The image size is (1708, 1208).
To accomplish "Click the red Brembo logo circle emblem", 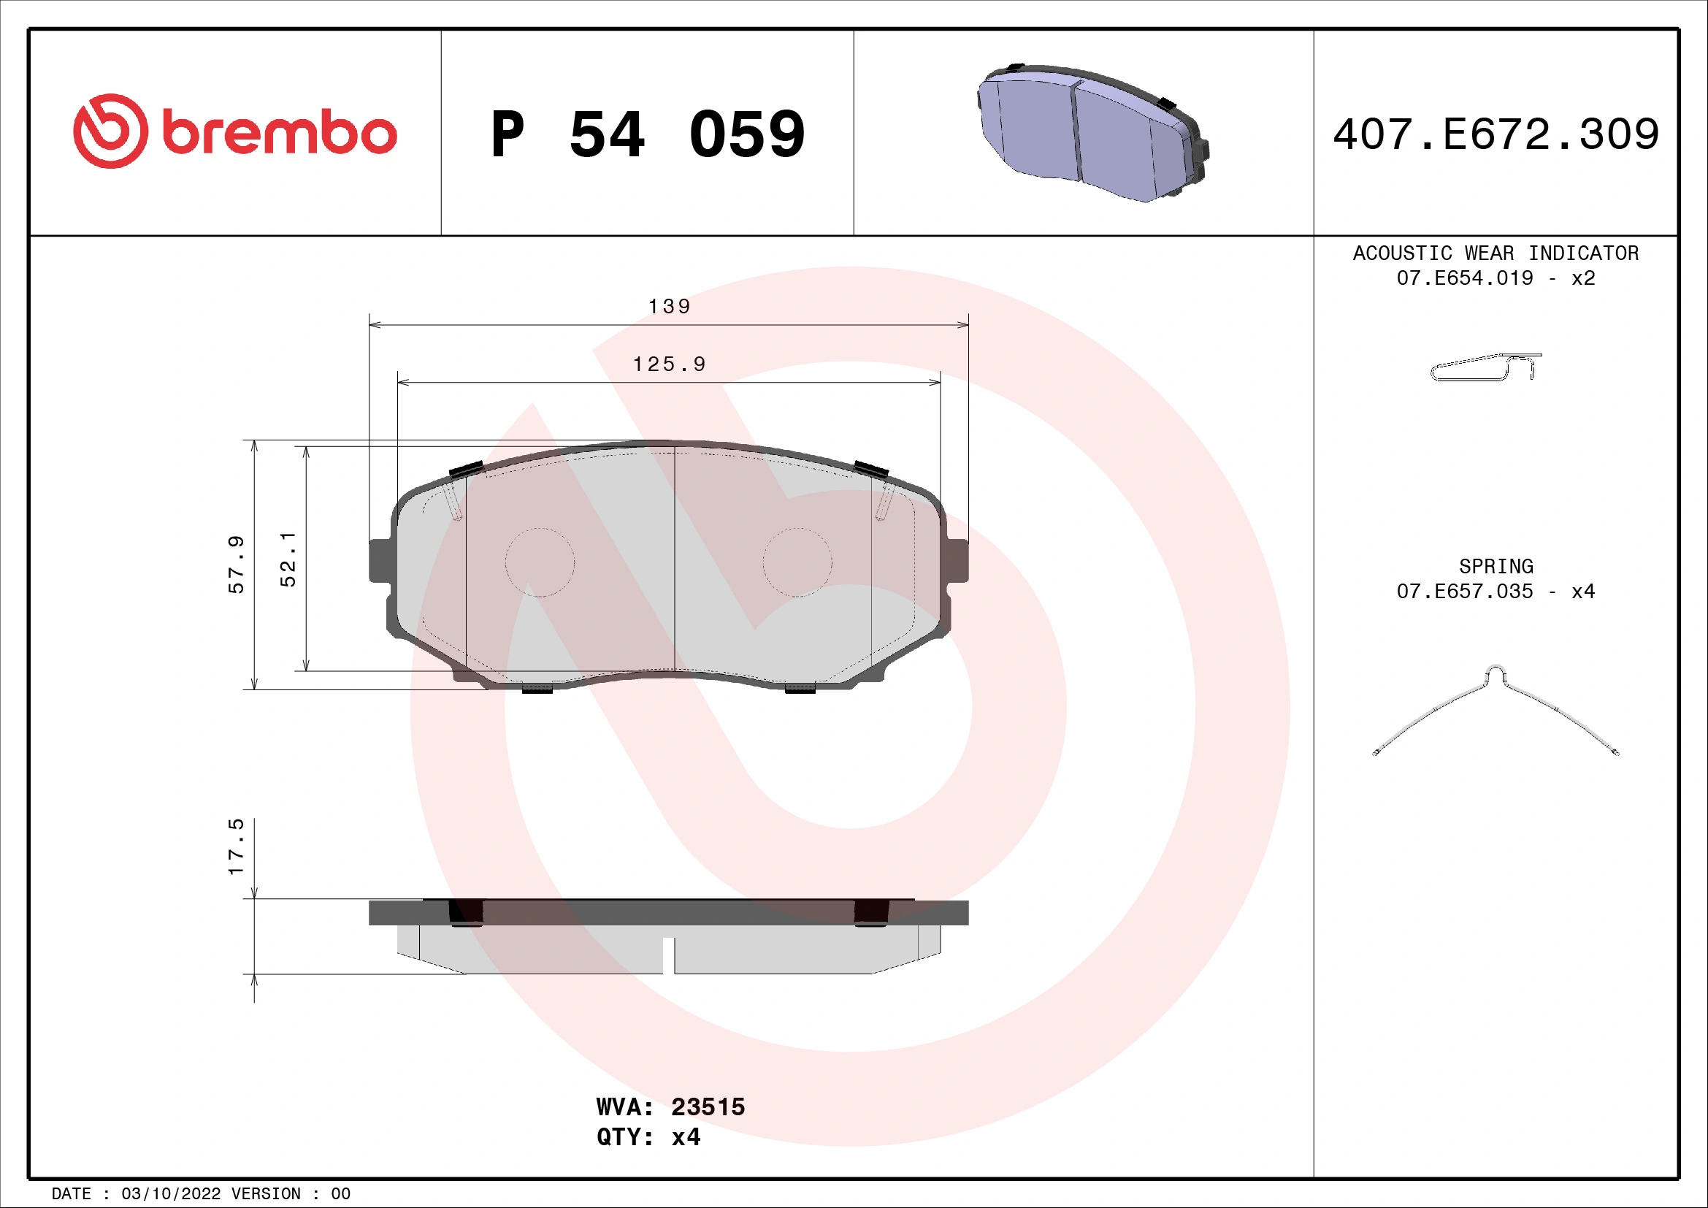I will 110,131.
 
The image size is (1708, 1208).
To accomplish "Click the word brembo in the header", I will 280,133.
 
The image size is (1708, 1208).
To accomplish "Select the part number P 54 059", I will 647,134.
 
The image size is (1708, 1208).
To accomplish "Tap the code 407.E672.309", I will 1496,134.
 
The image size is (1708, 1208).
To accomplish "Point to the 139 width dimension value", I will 669,307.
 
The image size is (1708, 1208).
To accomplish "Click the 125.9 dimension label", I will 669,364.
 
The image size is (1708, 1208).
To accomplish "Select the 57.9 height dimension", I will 236,564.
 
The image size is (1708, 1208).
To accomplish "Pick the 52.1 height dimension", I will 288,559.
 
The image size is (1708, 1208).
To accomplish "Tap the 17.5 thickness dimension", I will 236,846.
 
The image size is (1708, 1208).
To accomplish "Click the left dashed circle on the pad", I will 540,562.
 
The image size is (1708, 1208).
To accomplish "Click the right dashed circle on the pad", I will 797,562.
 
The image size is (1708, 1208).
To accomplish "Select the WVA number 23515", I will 708,1106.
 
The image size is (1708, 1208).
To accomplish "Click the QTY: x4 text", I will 648,1137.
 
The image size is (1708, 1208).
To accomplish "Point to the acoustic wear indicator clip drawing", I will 1485,367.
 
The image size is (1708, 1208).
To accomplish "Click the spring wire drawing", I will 1496,711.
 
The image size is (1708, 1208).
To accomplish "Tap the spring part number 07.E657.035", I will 1464,592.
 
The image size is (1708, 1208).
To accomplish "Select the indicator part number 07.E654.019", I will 1464,278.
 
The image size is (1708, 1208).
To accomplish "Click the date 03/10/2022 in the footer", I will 170,1194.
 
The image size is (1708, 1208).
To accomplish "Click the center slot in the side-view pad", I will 668,955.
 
